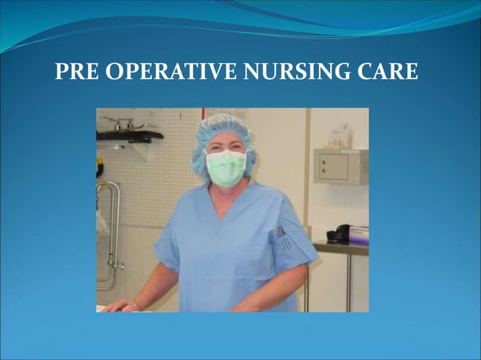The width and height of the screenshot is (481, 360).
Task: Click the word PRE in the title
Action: [x=76, y=73]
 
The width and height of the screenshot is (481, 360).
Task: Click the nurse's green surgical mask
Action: [x=226, y=167]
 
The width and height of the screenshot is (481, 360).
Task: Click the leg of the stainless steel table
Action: [x=305, y=290]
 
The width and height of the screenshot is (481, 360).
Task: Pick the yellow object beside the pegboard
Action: [x=99, y=167]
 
